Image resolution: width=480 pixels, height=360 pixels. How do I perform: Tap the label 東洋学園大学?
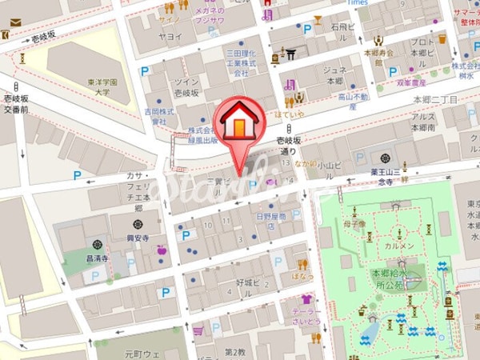pyautogui.click(x=102, y=86)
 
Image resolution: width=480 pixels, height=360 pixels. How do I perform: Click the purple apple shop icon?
pyautogui.click(x=162, y=250)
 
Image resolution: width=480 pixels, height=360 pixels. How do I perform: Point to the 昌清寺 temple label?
pyautogui.click(x=97, y=259)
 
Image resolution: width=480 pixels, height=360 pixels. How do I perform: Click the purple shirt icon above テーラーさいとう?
pyautogui.click(x=305, y=299)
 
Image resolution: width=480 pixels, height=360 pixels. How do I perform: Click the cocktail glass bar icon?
pyautogui.click(x=318, y=19)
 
